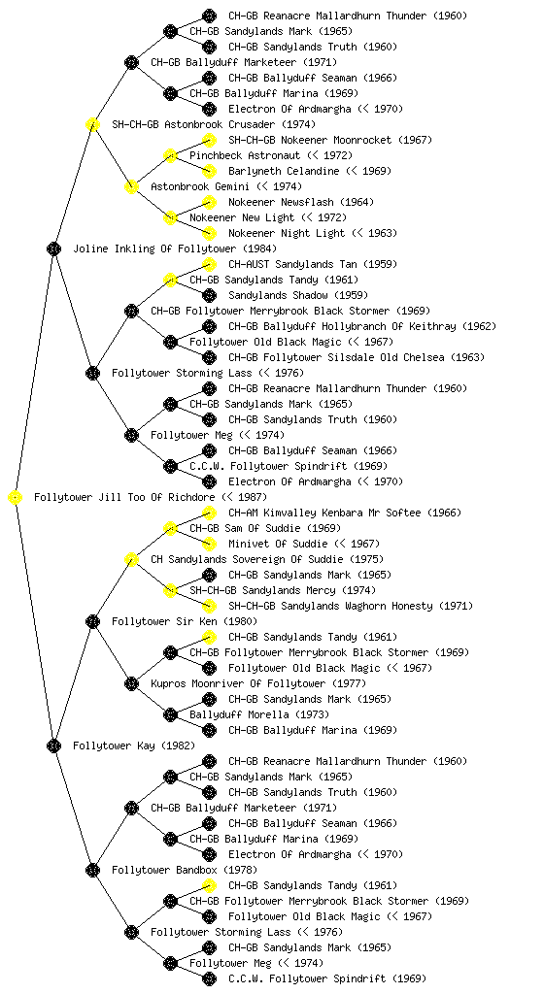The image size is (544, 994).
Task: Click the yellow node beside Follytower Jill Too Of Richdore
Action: [x=16, y=498]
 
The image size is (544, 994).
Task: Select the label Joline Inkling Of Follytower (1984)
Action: [x=175, y=249]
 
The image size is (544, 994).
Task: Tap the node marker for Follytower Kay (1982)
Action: [x=53, y=746]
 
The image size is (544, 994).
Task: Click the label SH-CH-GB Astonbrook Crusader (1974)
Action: [x=214, y=125]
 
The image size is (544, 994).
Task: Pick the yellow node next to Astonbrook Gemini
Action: [x=131, y=187]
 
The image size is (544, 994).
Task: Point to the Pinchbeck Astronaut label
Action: [x=245, y=156]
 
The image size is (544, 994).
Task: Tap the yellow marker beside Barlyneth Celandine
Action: [x=209, y=171]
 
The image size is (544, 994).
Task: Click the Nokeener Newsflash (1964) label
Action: [x=301, y=202]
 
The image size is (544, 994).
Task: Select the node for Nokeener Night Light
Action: [x=209, y=233]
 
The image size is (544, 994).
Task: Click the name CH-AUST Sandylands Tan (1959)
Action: [x=301, y=264]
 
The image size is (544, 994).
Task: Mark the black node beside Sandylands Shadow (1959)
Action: [x=209, y=295]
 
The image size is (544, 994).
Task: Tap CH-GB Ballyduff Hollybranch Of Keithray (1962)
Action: [x=362, y=326]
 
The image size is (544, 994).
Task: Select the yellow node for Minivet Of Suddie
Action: [x=209, y=544]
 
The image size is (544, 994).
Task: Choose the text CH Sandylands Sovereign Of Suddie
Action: [x=250, y=560]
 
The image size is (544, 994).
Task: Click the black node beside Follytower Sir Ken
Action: [x=92, y=622]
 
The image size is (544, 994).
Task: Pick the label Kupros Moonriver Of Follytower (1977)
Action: [x=258, y=684]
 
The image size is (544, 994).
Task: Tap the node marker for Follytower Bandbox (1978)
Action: [x=92, y=871]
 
